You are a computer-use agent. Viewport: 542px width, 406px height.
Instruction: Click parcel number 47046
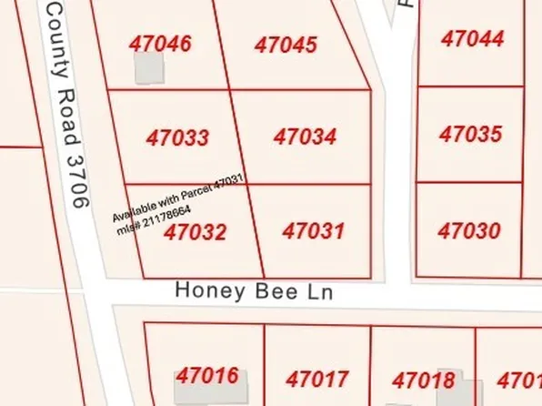pyautogui.click(x=160, y=44)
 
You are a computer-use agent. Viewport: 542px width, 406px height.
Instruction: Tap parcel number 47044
pyautogui.click(x=472, y=38)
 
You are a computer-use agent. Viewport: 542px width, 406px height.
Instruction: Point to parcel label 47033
pyautogui.click(x=177, y=138)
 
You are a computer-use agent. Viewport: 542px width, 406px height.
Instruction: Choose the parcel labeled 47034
pyautogui.click(x=305, y=137)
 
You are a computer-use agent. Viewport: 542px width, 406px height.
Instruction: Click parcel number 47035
pyautogui.click(x=470, y=135)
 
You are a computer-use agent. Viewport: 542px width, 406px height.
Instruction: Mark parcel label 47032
pyautogui.click(x=195, y=232)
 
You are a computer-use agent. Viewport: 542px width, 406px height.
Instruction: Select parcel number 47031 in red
pyautogui.click(x=313, y=230)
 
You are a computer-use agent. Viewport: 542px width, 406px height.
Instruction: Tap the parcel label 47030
pyautogui.click(x=469, y=231)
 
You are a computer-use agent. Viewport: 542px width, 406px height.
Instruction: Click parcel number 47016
pyautogui.click(x=207, y=376)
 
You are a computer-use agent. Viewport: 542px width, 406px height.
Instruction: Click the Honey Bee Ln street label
pyautogui.click(x=254, y=292)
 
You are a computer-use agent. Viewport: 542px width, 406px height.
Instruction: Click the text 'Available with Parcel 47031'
pyautogui.click(x=179, y=199)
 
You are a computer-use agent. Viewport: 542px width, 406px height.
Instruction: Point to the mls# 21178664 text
pyautogui.click(x=154, y=221)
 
